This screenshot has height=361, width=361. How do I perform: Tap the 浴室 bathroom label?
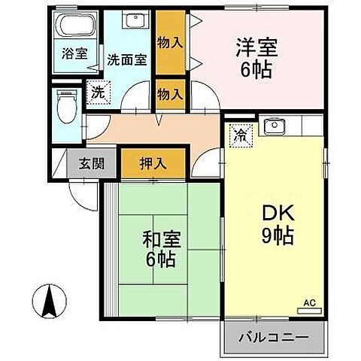[73, 54]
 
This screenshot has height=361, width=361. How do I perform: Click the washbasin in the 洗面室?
[135, 21]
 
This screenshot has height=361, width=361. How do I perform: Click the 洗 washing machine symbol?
[97, 92]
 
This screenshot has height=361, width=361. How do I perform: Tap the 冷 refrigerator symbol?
[240, 135]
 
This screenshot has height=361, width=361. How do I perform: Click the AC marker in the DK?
[309, 302]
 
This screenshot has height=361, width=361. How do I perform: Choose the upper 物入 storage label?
[170, 43]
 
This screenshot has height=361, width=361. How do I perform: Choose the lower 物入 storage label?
[170, 93]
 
